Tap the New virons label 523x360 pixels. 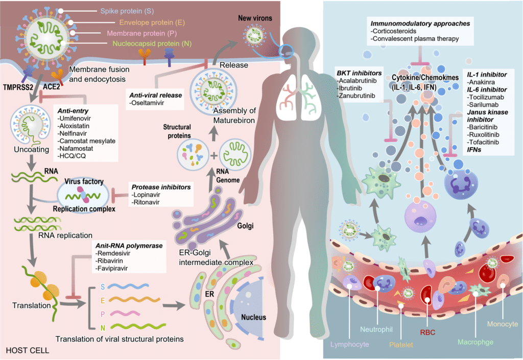pos(256,19)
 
